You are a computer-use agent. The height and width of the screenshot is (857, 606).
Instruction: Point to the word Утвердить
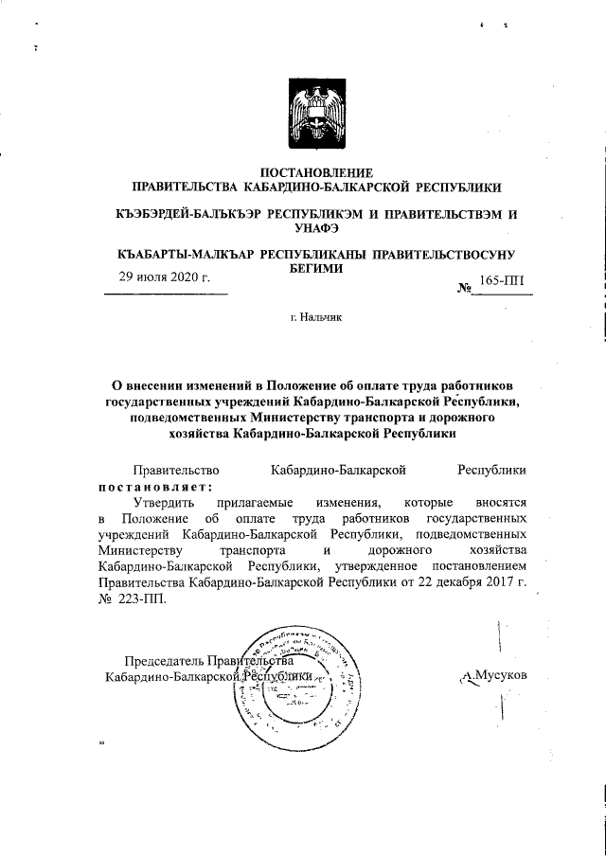[166, 502]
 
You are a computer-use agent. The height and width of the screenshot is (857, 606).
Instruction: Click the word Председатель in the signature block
[167, 661]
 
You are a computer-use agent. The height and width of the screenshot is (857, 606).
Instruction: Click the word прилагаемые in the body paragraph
[249, 502]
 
